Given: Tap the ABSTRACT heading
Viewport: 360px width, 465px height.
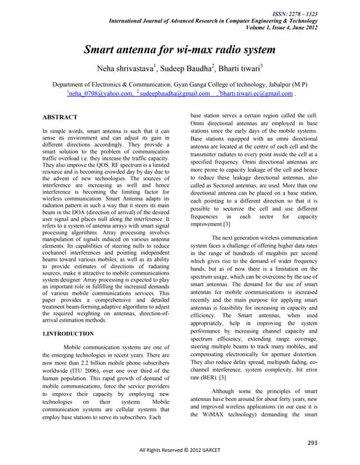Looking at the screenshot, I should pyautogui.click(x=61, y=116).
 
